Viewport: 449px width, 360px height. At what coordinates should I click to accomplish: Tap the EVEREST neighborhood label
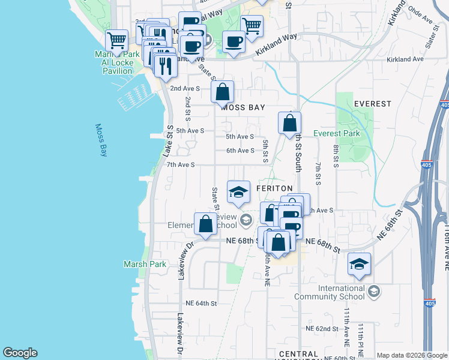pos(372,104)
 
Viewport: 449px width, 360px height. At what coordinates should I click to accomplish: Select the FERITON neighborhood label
pos(274,188)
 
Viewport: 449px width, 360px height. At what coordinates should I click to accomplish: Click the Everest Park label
pos(337,133)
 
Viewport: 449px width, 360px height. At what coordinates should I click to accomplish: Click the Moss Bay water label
pos(101,141)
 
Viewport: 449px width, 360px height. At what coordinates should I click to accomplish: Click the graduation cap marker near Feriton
pos(238,192)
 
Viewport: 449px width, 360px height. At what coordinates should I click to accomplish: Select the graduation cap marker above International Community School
pos(359,265)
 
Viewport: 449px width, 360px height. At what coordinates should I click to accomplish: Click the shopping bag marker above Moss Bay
pos(222,93)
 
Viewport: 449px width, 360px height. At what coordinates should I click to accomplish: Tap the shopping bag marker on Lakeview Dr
pos(205,224)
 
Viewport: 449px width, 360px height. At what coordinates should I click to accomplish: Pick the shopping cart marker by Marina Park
pos(117,41)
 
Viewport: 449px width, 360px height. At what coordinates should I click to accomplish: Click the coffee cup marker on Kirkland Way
pos(234,41)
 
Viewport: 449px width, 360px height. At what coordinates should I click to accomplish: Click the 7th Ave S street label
pos(181,164)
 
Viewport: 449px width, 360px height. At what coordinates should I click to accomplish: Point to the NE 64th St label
pos(200,303)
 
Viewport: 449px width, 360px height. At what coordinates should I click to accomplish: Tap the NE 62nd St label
pos(322,329)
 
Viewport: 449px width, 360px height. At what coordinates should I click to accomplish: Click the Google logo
pos(20,353)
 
